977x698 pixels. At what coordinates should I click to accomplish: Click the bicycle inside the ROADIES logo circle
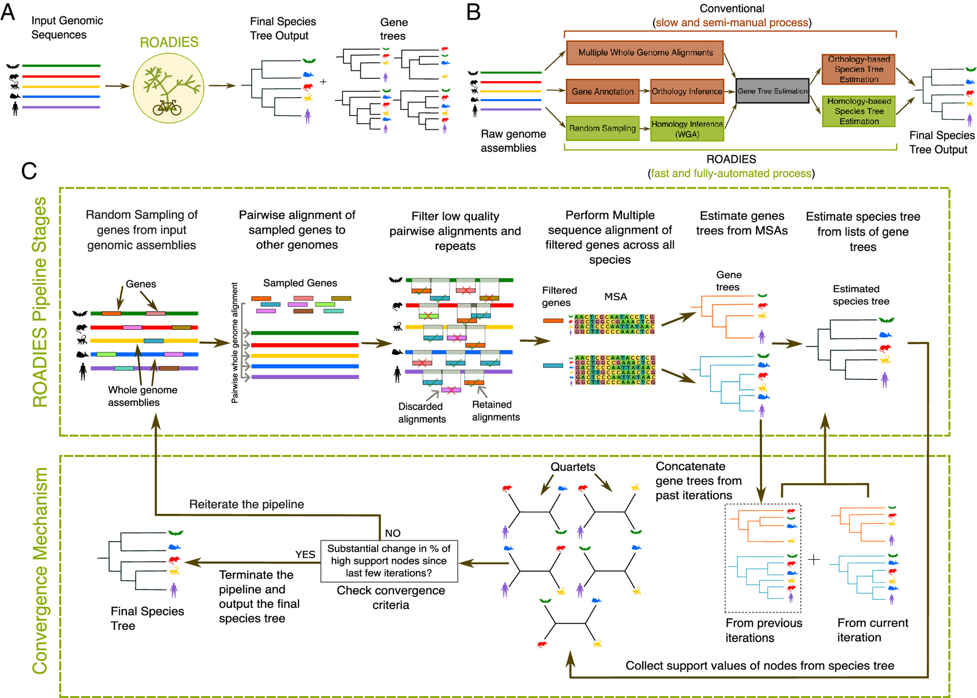coord(167,107)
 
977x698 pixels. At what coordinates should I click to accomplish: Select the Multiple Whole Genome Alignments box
coord(645,53)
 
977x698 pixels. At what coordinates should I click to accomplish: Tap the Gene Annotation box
coord(602,91)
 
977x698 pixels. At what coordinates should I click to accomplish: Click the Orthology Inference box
coord(687,91)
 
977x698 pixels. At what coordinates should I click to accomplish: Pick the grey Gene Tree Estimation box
coord(772,91)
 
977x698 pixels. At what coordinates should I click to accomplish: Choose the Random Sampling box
coord(602,128)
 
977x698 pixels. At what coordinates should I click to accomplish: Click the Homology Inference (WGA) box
coord(687,129)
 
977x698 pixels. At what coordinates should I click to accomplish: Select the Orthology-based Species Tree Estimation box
coord(859,69)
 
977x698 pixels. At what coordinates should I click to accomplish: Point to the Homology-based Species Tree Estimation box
coord(859,111)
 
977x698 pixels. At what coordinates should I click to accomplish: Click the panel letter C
coord(29,171)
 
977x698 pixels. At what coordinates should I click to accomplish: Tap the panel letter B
coord(473,12)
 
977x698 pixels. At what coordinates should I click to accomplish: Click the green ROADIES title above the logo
coord(169,43)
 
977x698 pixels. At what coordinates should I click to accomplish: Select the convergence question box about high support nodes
coord(389,561)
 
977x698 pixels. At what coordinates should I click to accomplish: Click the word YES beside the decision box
coord(305,554)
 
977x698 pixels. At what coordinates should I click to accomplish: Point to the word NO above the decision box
coord(393,533)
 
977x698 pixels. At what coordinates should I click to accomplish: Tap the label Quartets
coord(573,467)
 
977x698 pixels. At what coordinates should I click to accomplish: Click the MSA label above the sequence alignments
coord(616,297)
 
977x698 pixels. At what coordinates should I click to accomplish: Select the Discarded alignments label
coord(422,413)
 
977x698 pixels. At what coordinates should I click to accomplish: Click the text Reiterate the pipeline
coord(246,504)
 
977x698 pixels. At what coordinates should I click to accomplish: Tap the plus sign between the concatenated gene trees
coord(814,560)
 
